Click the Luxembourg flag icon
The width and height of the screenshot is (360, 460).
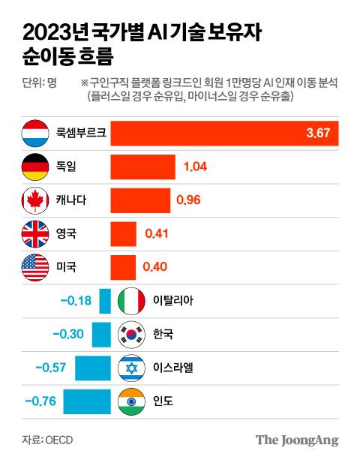(35, 134)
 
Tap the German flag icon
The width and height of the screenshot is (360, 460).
(35, 167)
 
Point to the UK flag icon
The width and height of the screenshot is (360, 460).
(35, 234)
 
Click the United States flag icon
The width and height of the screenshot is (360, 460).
(35, 267)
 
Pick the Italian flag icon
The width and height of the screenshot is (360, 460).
(133, 301)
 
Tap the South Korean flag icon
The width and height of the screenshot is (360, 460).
(133, 334)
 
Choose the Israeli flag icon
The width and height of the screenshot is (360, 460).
(133, 368)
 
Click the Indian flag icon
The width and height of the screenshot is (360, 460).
(133, 401)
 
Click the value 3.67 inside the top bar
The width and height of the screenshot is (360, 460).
(319, 134)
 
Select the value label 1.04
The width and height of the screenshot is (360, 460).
(196, 167)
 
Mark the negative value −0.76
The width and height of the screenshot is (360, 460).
(41, 401)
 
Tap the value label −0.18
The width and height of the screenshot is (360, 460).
(76, 301)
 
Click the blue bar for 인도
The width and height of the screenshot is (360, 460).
(87, 401)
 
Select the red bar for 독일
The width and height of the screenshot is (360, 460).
(142, 167)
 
